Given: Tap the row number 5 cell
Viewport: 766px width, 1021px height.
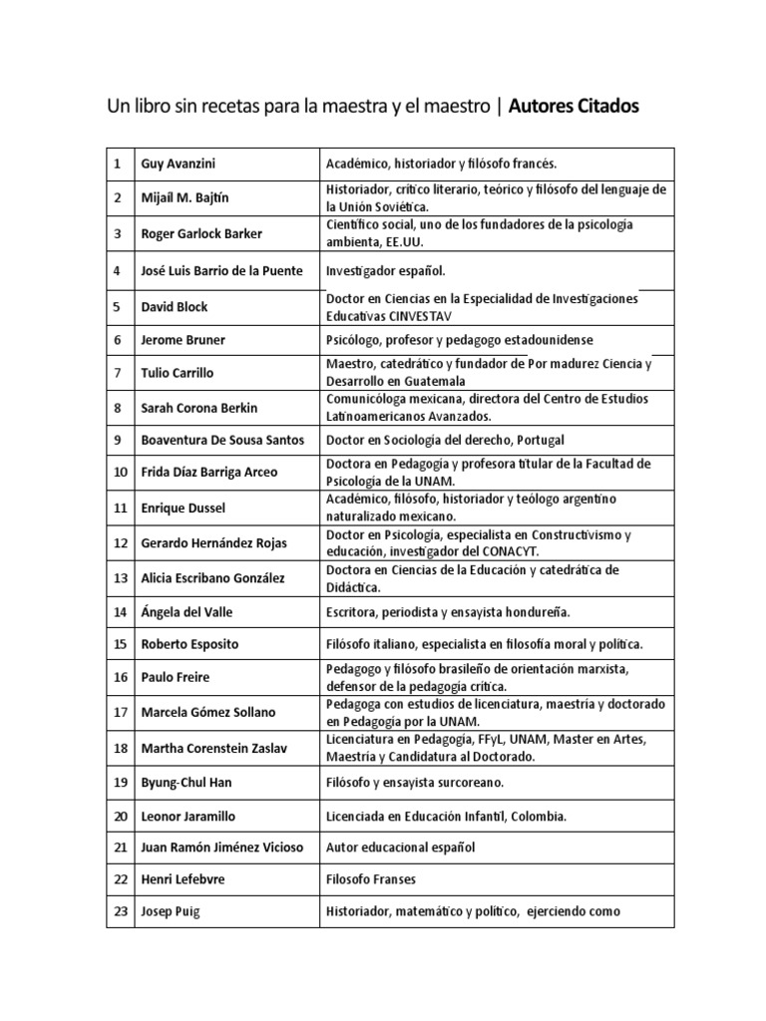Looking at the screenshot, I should [118, 306].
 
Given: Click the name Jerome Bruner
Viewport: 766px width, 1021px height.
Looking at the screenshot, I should [183, 340].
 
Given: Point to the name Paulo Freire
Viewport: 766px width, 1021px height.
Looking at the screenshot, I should [175, 677].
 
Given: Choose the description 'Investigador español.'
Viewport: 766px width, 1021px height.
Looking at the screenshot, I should [386, 270].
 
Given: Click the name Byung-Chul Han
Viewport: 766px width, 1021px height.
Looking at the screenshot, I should [186, 782].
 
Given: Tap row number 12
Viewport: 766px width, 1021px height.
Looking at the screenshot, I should [120, 542].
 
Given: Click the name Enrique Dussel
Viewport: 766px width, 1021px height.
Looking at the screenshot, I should [183, 508].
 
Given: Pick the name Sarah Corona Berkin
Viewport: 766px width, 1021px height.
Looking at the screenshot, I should [199, 407].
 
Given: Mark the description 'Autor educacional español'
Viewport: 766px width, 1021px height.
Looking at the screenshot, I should [400, 847].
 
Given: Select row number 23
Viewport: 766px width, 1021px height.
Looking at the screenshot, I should [120, 910].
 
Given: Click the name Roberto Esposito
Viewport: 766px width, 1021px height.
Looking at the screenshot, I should [190, 644].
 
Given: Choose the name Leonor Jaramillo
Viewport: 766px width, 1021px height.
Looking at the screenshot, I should [189, 816].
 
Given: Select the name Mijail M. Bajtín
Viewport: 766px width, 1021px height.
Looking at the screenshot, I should [186, 196].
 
